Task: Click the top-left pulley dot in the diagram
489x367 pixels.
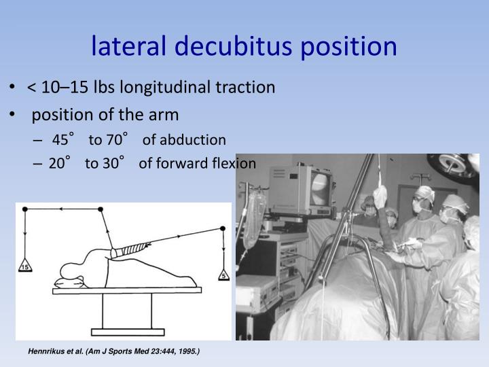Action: click(25, 209)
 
